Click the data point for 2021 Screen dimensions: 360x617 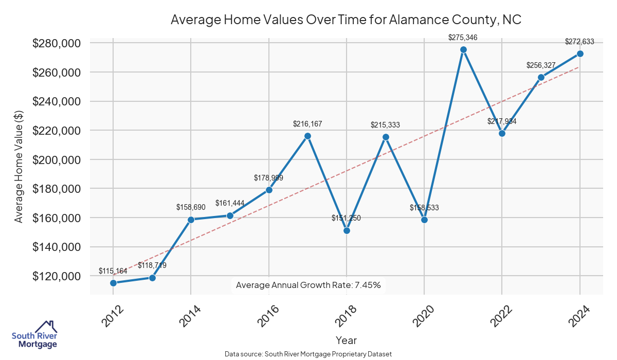coord(463,49)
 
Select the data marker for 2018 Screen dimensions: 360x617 coord(347,230)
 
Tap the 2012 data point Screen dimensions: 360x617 coord(113,283)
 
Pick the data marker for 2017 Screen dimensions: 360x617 coord(307,136)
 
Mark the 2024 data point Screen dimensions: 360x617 coord(580,53)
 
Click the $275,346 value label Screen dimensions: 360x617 coord(463,37)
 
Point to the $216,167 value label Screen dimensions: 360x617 coord(307,124)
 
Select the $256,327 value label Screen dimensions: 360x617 coord(541,65)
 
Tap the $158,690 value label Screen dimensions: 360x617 coord(191,208)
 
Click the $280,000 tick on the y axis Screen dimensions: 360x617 coord(57,43)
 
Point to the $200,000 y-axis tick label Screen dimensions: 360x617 coord(57,159)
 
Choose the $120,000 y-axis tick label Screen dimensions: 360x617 coord(57,276)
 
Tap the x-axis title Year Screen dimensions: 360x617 coord(346,340)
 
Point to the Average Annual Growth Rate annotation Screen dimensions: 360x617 coord(308,285)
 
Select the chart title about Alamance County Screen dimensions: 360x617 coord(346,20)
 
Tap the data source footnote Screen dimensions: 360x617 coord(308,354)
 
